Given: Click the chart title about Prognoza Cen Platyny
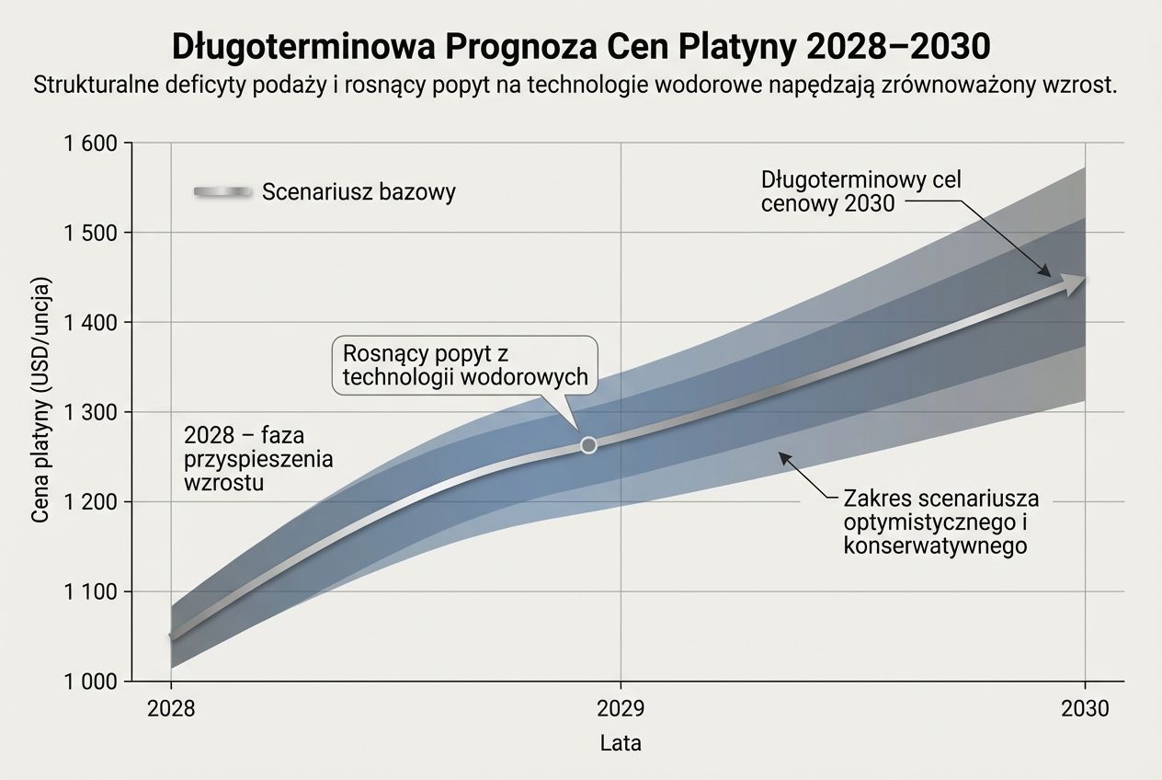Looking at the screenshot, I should click(581, 46).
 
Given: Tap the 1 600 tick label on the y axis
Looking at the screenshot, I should click(92, 143).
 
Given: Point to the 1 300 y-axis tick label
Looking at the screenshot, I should click(92, 412).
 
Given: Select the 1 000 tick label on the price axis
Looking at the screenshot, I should click(92, 682).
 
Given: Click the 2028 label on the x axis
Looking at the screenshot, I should click(171, 709).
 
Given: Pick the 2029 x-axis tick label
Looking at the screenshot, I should click(621, 709).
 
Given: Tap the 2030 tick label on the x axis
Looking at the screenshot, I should click(1086, 709).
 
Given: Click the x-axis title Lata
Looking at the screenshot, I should click(621, 743).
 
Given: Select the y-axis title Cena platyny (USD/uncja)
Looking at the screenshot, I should click(40, 411).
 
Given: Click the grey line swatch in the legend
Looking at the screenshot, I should click(222, 191).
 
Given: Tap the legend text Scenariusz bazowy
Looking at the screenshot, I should click(359, 192).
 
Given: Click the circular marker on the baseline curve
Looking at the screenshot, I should click(588, 445).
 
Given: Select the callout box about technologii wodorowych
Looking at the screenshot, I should click(464, 365).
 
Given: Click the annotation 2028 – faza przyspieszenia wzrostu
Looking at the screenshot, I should click(258, 458).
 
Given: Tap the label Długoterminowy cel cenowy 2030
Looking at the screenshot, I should click(860, 191).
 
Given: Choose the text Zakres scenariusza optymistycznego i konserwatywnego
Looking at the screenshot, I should click(940, 522).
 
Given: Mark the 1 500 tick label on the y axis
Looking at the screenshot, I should click(92, 233).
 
